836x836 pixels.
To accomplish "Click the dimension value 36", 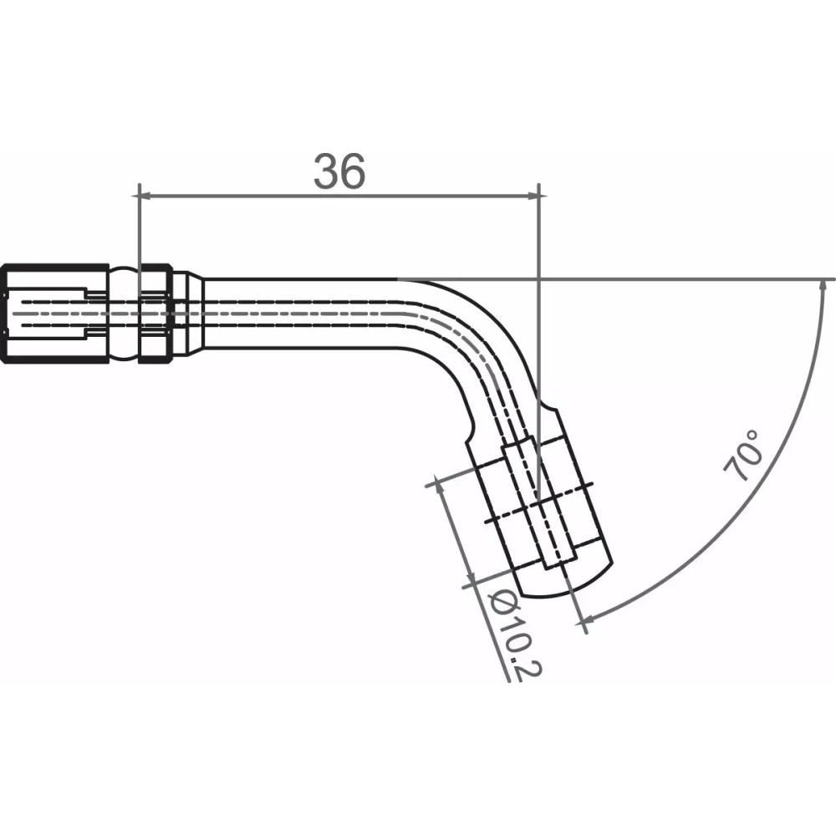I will click(339, 171).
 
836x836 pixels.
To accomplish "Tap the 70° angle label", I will click(745, 456).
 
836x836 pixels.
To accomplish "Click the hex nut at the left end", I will click(54, 313).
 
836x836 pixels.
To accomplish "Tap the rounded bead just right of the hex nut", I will click(124, 313).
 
